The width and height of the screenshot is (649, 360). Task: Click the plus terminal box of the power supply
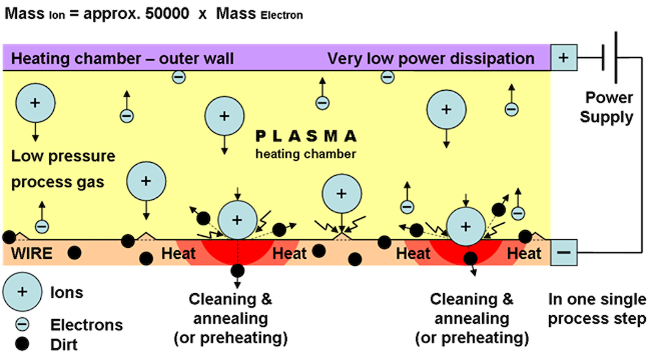pos(563,57)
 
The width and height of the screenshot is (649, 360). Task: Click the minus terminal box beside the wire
pos(563,252)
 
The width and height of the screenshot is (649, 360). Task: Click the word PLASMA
pos(306,136)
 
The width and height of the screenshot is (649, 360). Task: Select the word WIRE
pos(32,253)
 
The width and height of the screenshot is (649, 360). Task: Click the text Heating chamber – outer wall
pos(123,59)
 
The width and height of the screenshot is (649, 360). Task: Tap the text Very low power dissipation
pos(431,59)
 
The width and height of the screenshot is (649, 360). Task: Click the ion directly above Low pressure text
pos(34,104)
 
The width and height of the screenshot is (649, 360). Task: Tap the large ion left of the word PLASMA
pos(224,116)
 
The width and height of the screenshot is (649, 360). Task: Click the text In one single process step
pos(597,309)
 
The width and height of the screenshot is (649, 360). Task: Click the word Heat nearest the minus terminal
pos(524,253)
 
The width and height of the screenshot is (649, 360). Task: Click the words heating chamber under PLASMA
pos(305,154)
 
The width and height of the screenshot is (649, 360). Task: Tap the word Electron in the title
pos(281,15)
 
